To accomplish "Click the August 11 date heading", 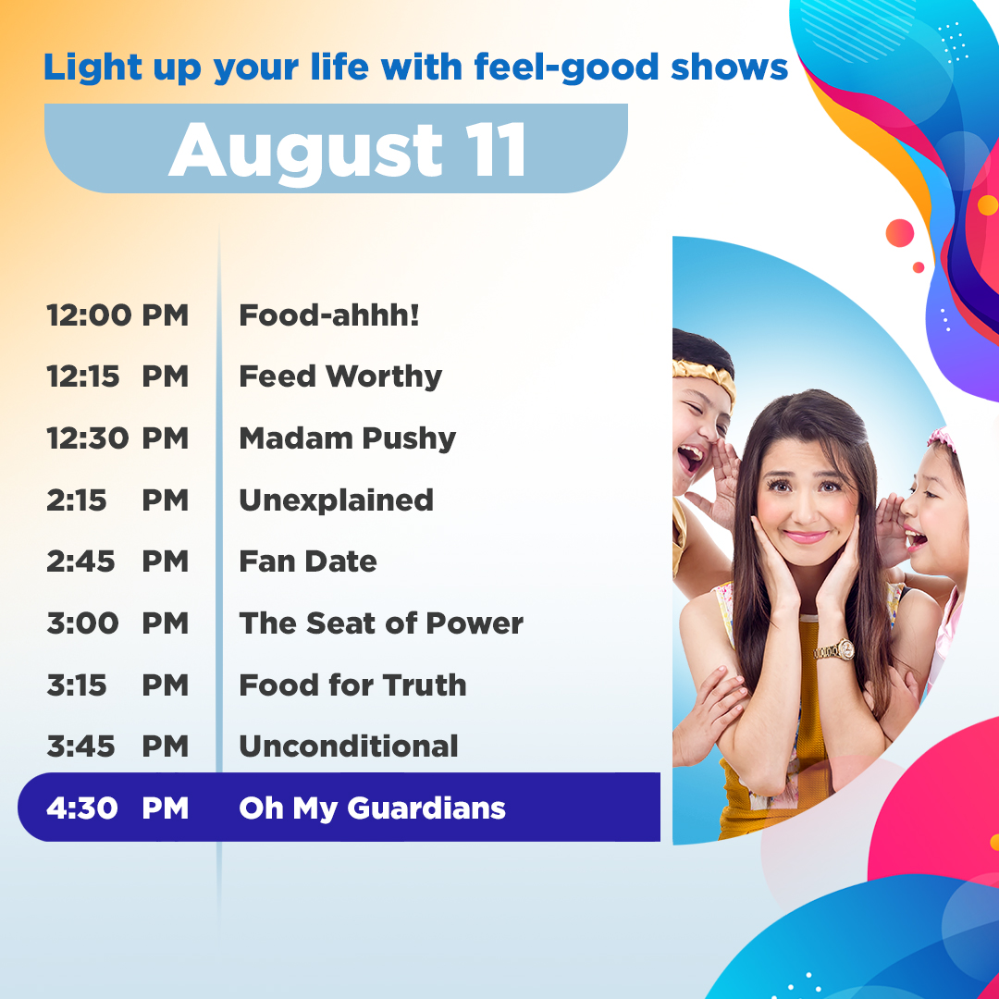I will (x=348, y=150).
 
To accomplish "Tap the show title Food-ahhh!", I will (x=329, y=315).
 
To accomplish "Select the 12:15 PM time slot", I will (x=117, y=376).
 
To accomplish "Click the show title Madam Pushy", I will (x=347, y=438).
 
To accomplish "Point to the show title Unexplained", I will (x=336, y=500).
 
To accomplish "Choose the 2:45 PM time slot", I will (x=117, y=561).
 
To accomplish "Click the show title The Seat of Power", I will (x=380, y=623).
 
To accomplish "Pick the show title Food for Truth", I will (x=352, y=685).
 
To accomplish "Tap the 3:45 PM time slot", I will (x=117, y=746).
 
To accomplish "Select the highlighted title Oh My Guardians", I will (x=372, y=808).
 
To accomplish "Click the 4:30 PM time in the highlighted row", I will (x=117, y=808).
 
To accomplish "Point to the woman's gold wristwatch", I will (x=834, y=649).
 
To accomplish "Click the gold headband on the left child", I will (x=703, y=376).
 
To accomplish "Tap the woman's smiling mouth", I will (x=806, y=536).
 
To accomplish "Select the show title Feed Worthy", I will (x=340, y=376).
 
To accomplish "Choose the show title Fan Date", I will (x=307, y=561).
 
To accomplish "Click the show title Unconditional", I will (x=348, y=746).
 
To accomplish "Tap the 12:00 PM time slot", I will (x=117, y=315).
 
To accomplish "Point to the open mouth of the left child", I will (x=690, y=456).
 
